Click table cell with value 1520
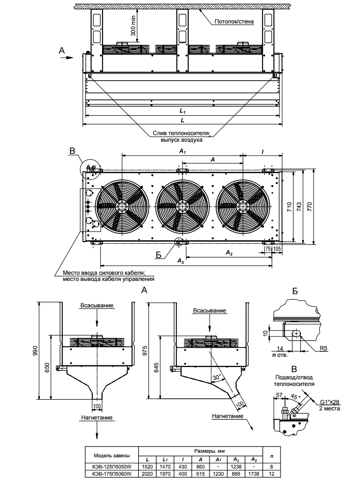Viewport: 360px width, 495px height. [x=146, y=466]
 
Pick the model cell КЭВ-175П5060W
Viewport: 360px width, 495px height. [x=112, y=474]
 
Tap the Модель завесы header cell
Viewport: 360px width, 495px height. [x=112, y=455]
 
